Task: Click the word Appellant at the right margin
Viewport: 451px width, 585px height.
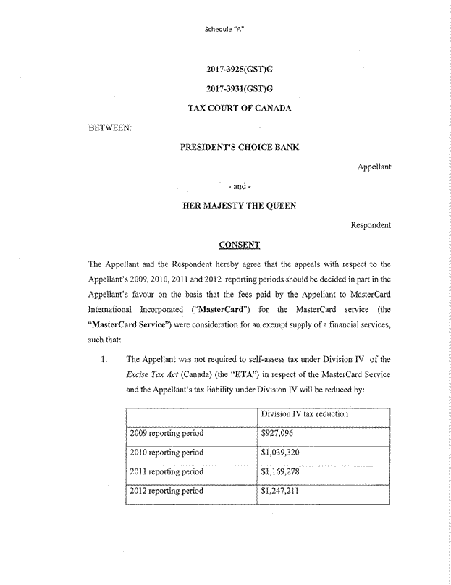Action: (374, 167)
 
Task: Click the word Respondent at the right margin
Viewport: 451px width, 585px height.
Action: (371, 224)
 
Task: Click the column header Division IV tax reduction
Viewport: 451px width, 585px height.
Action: (304, 414)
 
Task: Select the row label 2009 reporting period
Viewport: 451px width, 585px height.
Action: (167, 434)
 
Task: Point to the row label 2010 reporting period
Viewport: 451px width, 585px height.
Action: (167, 453)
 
